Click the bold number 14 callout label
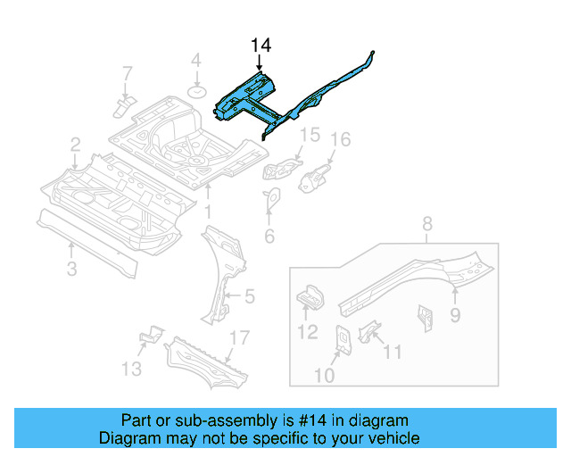coord(260,46)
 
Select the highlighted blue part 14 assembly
coord(250,96)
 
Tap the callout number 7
coord(127,72)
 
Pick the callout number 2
coord(76,144)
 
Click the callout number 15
coord(308,135)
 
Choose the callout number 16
coord(341,139)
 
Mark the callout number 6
coord(269,237)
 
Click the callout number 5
coord(249,295)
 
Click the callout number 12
coord(306,333)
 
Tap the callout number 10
coord(324,376)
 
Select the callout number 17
coord(238,337)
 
